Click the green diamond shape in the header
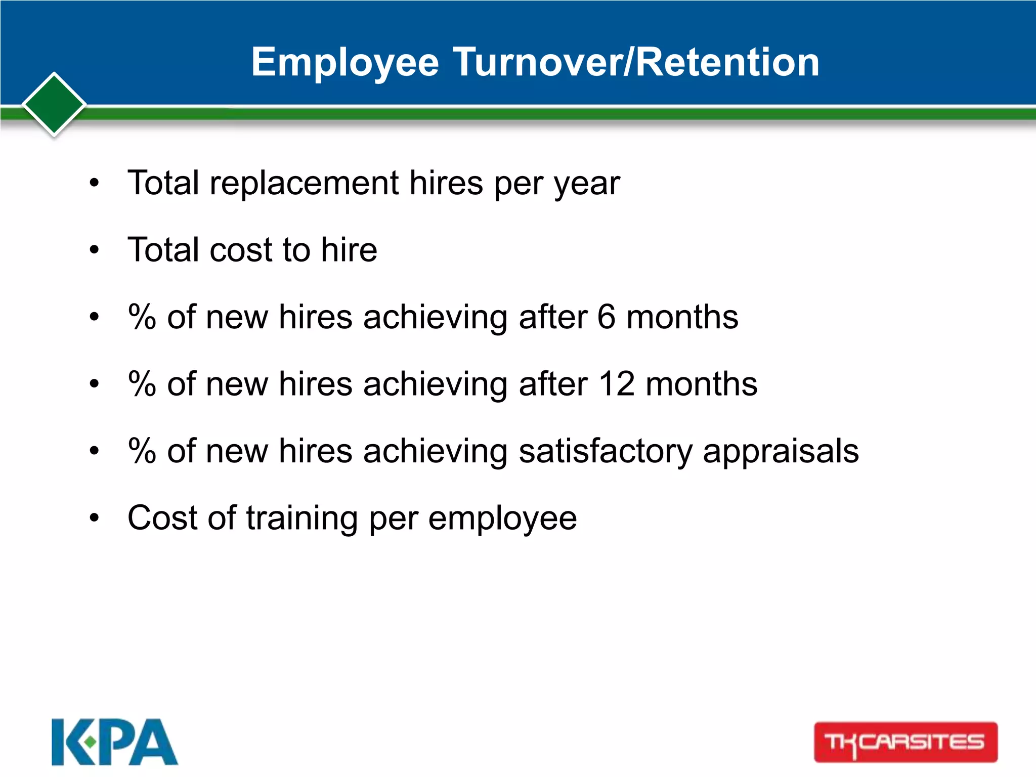[x=54, y=105]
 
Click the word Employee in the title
[x=345, y=63]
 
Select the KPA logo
[x=114, y=742]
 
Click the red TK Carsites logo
[x=905, y=742]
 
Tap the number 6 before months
[x=606, y=317]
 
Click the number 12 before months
[x=617, y=384]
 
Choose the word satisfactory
[x=606, y=452]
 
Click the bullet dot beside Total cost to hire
[x=94, y=250]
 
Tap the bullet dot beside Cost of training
[x=94, y=519]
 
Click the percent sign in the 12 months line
[x=142, y=384]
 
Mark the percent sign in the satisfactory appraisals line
[x=142, y=451]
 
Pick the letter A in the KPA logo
[x=154, y=742]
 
